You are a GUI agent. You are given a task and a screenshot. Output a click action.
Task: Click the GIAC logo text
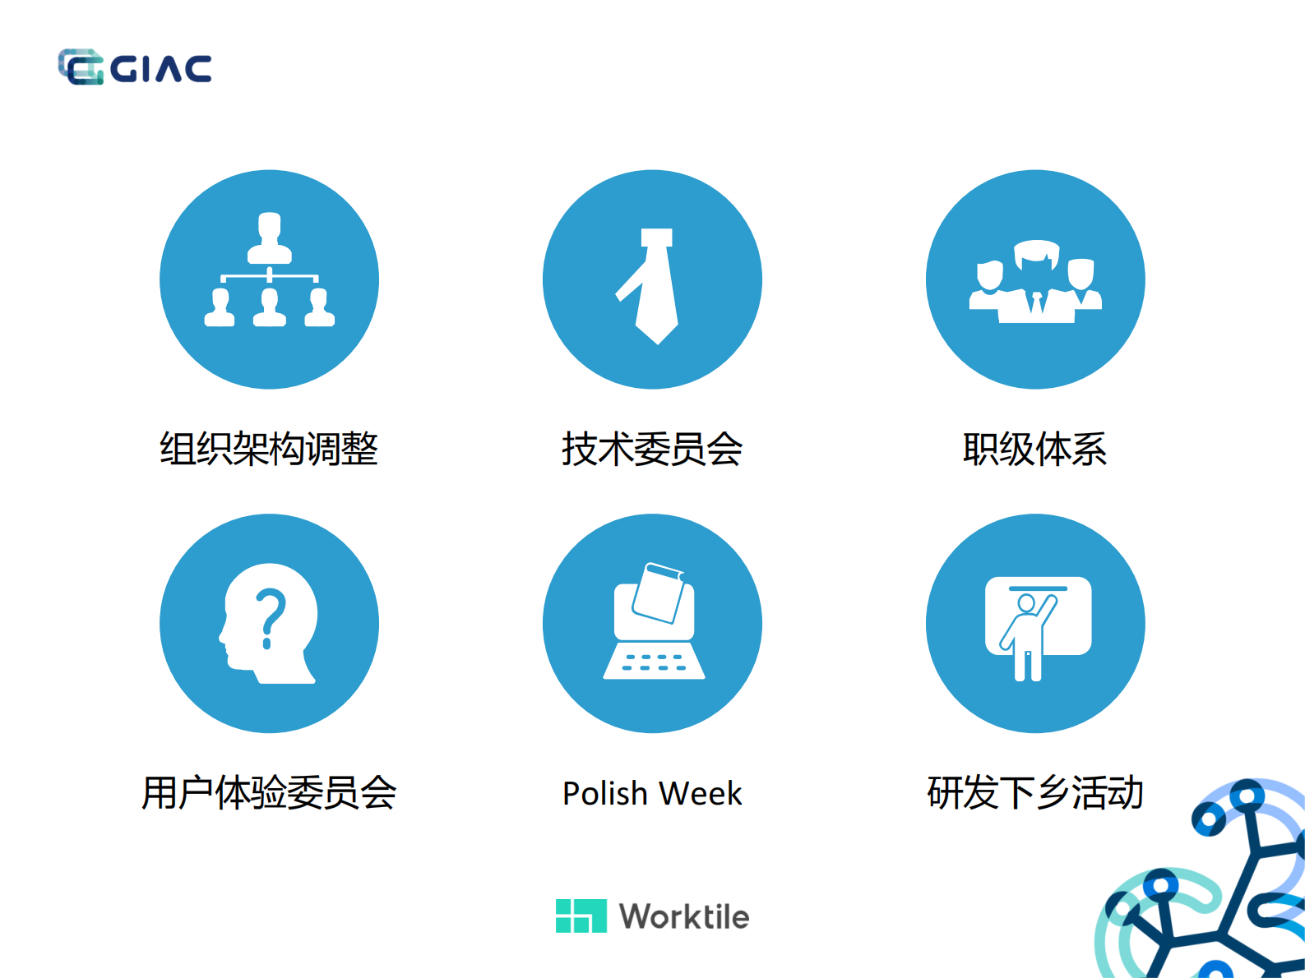click(x=161, y=69)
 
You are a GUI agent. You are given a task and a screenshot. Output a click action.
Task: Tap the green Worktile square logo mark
click(x=581, y=916)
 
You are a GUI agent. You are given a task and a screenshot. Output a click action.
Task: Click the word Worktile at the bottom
click(x=684, y=916)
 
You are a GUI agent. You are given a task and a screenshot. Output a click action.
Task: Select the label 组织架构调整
click(x=269, y=450)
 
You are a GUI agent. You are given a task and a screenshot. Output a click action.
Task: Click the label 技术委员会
click(x=652, y=450)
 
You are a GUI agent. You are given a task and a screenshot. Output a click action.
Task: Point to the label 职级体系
click(x=1034, y=450)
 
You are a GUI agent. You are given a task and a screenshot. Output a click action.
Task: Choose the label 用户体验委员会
click(x=269, y=793)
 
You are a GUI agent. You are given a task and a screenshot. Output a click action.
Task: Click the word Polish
click(x=605, y=794)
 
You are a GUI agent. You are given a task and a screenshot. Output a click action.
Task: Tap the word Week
click(x=701, y=794)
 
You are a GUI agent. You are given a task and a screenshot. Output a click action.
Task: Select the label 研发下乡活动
click(x=1035, y=793)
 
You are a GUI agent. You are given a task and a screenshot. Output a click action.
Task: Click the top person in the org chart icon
click(x=270, y=238)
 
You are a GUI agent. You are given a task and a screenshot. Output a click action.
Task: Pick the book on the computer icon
click(x=658, y=592)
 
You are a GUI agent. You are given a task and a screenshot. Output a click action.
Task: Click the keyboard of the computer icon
click(x=654, y=662)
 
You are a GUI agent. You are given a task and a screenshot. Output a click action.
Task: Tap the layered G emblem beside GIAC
click(x=81, y=67)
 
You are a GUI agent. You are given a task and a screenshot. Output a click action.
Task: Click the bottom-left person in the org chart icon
click(x=220, y=308)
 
